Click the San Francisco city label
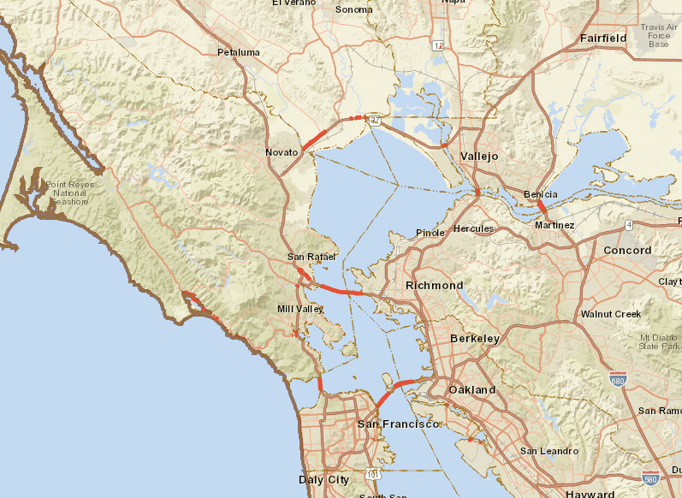tap(398, 424)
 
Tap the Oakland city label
tap(472, 389)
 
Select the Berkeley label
tap(474, 339)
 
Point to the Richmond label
tap(434, 285)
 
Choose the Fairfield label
tap(603, 39)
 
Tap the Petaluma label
tap(238, 52)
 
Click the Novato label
tap(282, 152)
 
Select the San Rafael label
tap(311, 257)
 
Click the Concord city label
tap(627, 251)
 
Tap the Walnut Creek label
tap(610, 314)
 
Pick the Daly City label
tap(323, 480)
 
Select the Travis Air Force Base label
tap(658, 35)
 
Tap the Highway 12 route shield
tap(438, 45)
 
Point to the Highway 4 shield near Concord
tap(628, 225)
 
